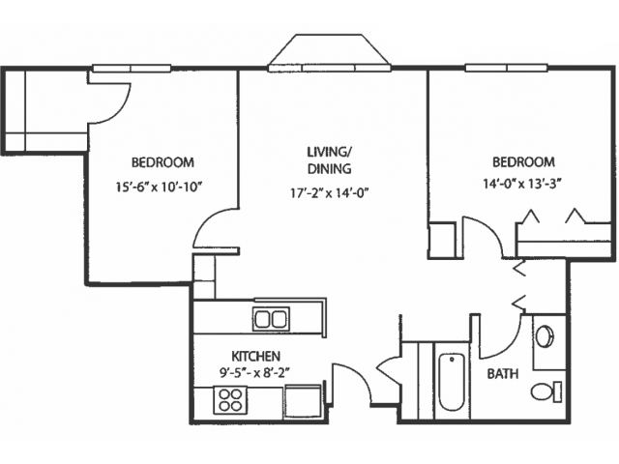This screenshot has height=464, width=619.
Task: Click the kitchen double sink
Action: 271,319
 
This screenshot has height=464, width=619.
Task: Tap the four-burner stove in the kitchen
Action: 228,400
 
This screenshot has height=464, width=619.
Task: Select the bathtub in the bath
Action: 452,382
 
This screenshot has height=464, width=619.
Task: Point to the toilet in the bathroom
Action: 545,391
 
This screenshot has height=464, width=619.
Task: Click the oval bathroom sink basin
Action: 545,336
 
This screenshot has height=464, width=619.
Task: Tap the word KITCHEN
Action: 255,357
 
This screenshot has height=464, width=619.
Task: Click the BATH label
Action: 503,374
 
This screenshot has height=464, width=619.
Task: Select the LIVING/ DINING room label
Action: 330,160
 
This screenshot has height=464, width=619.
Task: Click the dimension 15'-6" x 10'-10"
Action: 159,187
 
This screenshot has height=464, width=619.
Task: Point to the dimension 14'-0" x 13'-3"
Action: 522,184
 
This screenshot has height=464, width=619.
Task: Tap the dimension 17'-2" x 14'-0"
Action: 329,193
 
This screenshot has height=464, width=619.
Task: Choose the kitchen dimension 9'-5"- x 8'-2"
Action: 254,372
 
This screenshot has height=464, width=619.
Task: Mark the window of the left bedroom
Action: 132,69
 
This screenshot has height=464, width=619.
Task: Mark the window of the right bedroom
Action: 507,68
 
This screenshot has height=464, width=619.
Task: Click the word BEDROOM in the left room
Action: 162,162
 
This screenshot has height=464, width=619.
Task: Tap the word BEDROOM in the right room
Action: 523,161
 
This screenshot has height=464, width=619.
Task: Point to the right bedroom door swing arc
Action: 489,230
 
